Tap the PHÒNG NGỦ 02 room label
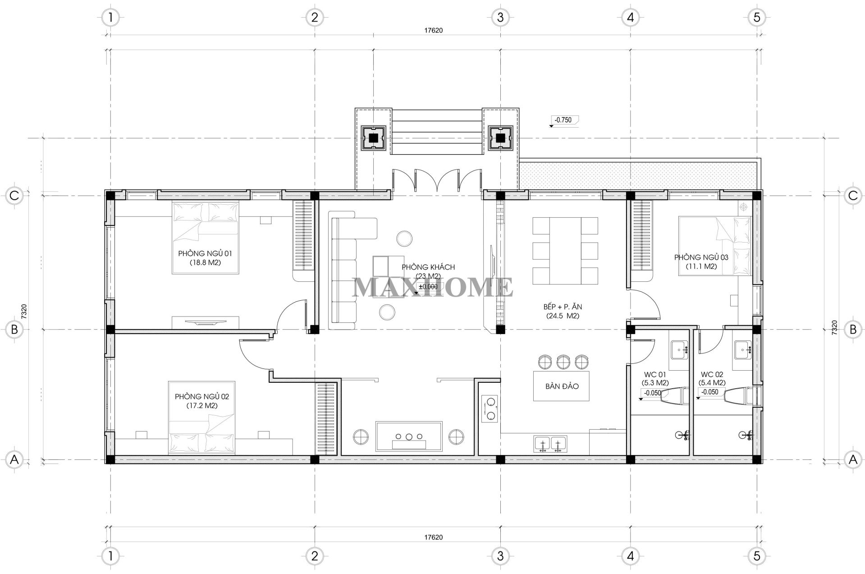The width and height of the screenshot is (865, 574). pyautogui.click(x=202, y=397)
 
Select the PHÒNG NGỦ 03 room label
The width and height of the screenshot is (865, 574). pyautogui.click(x=701, y=257)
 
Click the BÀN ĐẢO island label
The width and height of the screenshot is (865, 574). pyautogui.click(x=562, y=386)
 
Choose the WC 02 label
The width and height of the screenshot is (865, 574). pyautogui.click(x=712, y=374)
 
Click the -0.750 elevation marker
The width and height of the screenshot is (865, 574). pyautogui.click(x=563, y=120)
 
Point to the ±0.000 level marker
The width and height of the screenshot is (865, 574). pyautogui.click(x=428, y=287)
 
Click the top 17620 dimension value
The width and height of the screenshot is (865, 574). pyautogui.click(x=433, y=31)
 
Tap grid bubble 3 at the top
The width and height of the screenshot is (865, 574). pyautogui.click(x=500, y=18)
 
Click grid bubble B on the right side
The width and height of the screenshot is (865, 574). pyautogui.click(x=853, y=330)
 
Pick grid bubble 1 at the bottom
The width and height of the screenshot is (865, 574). pyautogui.click(x=110, y=556)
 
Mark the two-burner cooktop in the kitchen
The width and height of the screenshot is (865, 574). pyautogui.click(x=490, y=409)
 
